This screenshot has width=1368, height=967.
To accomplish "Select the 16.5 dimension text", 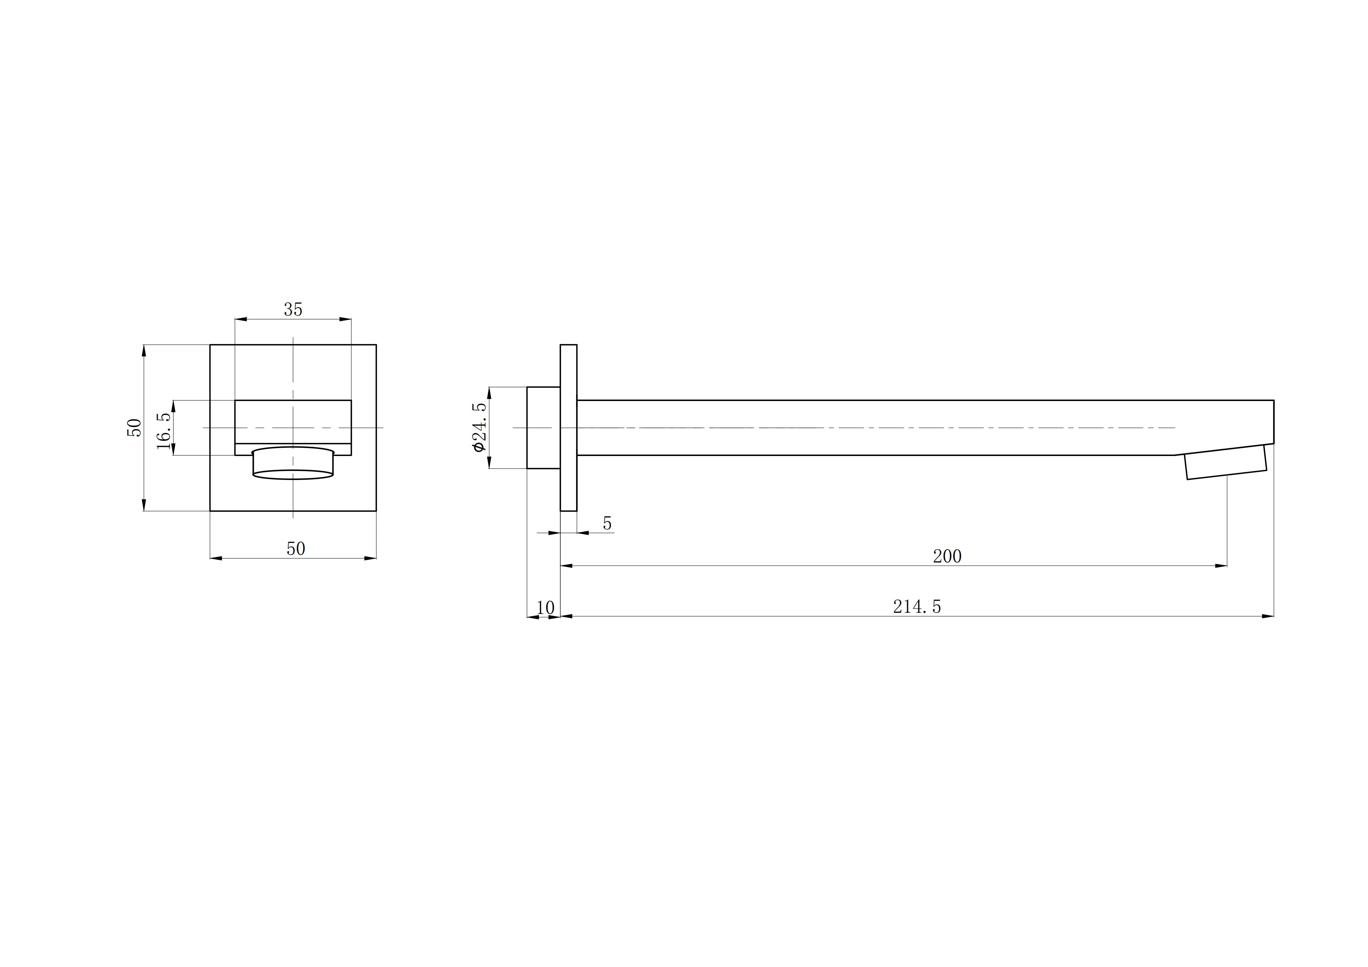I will (164, 428).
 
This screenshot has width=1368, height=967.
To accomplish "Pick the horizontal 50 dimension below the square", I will (296, 549).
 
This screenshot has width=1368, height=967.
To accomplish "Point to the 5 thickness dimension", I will (607, 524).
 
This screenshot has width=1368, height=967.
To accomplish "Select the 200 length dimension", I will (947, 557).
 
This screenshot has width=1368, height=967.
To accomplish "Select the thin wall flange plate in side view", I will (568, 428).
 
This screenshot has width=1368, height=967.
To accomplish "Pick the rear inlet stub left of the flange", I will (543, 428).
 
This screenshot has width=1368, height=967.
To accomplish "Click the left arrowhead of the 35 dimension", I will (241, 319).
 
